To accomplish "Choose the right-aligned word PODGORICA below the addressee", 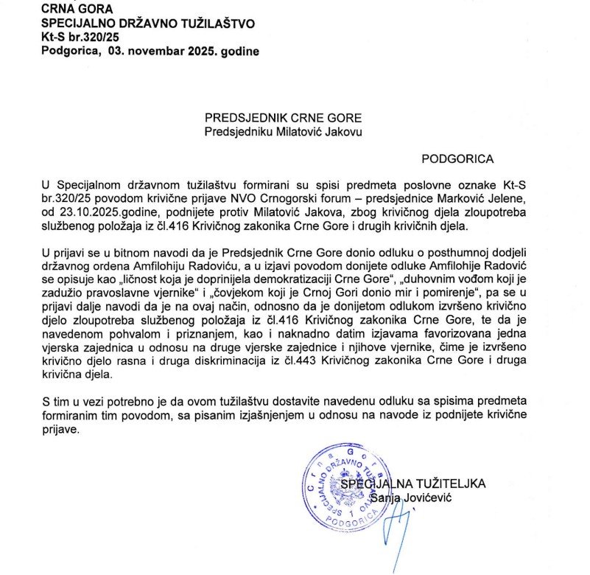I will tap(457, 158).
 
